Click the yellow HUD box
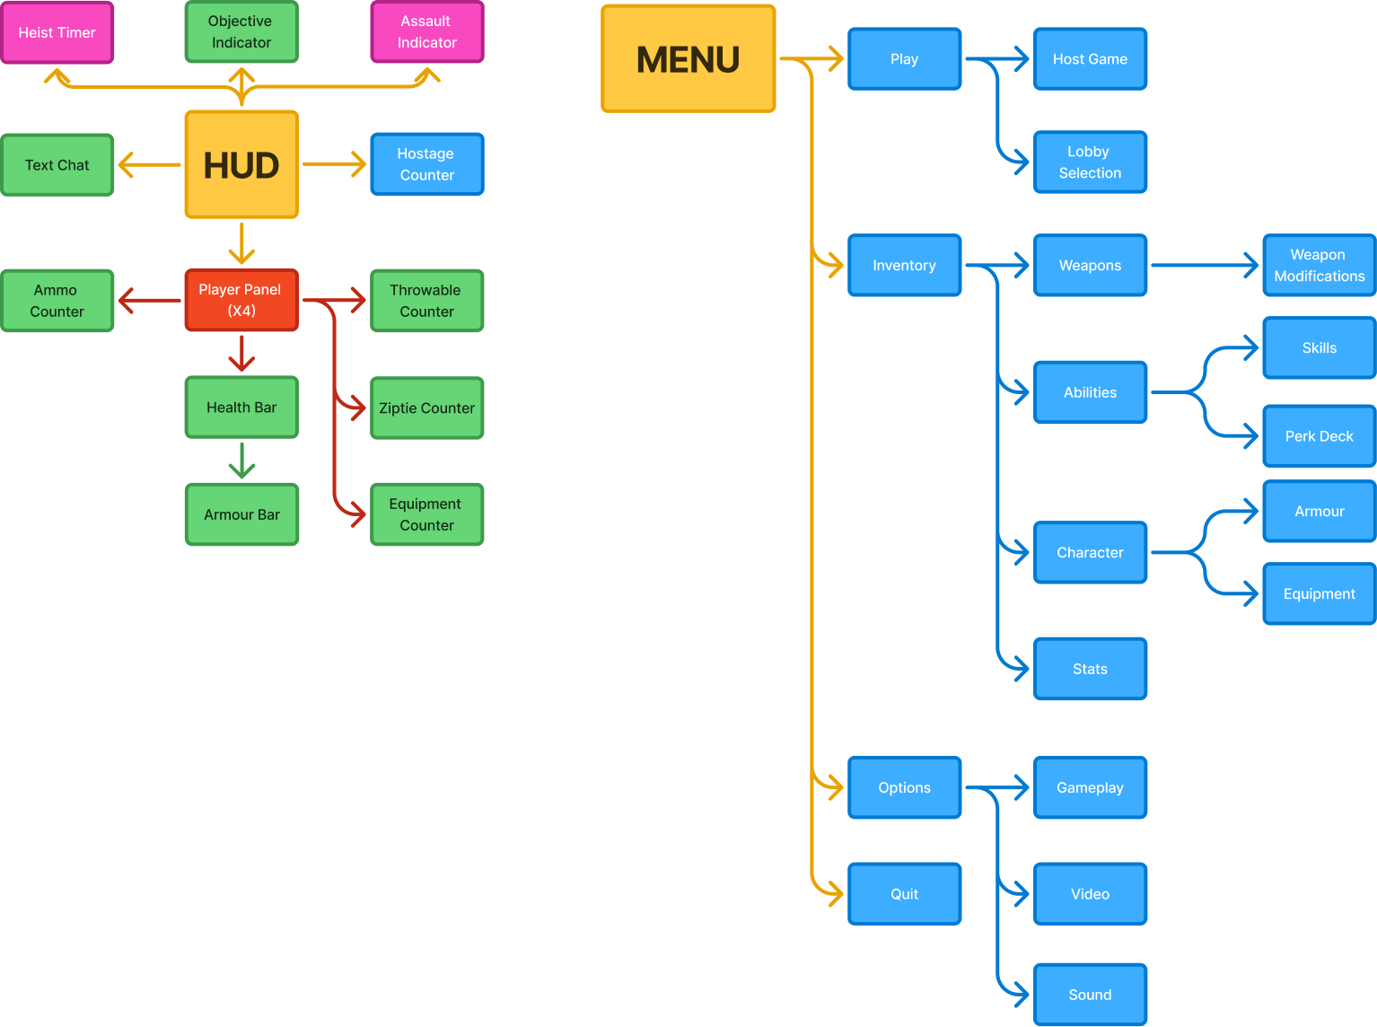[241, 164]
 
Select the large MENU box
[688, 59]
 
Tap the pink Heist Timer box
[57, 32]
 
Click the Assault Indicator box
[427, 32]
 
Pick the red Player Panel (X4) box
[241, 300]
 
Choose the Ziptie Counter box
[427, 408]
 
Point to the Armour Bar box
[241, 514]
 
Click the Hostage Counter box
[427, 164]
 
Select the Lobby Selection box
[1090, 162]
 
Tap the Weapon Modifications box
[1319, 266]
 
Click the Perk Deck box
[1319, 436]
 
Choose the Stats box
[1090, 669]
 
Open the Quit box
[904, 894]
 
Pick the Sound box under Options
[1090, 995]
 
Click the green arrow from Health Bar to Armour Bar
[241, 461]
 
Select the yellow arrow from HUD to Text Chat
[150, 165]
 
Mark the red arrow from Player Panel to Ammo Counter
[150, 301]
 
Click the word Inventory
[904, 266]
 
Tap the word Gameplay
[1090, 787]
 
